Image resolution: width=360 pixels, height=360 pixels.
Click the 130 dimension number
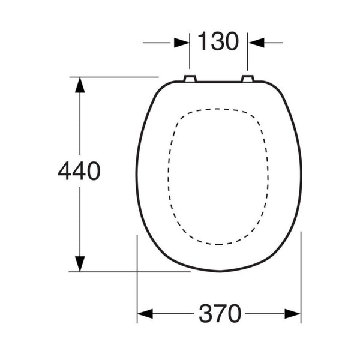click(x=218, y=41)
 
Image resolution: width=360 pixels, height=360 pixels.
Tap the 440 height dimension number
click(x=79, y=171)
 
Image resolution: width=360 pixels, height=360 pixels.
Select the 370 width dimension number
click(x=220, y=313)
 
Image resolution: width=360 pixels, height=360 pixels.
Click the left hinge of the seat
click(x=190, y=78)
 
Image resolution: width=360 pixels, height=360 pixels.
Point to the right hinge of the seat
click(x=247, y=78)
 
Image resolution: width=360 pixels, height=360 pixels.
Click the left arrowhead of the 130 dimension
click(x=182, y=43)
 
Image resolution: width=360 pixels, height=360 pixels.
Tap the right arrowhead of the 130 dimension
click(x=256, y=43)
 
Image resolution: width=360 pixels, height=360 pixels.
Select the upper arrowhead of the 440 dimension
click(x=80, y=85)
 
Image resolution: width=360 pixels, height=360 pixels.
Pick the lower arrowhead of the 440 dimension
click(x=80, y=264)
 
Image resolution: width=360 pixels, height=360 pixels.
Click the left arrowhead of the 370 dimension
click(x=145, y=314)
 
